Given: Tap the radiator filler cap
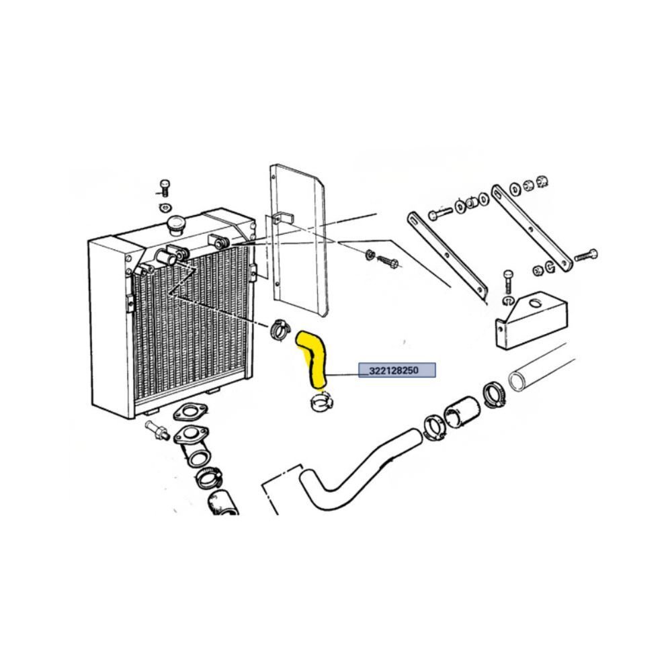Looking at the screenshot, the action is (175, 225).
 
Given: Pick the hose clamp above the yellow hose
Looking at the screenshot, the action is (280, 329).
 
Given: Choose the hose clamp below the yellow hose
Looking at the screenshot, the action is (321, 402).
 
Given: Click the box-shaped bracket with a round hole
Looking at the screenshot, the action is (532, 320).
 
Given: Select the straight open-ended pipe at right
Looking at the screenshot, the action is (542, 367).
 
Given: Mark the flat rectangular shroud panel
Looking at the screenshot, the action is (298, 240).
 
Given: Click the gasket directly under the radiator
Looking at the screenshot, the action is (190, 412).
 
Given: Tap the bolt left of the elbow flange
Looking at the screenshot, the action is (156, 429).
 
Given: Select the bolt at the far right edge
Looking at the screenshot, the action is (586, 255).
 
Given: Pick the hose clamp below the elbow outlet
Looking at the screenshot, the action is (209, 478).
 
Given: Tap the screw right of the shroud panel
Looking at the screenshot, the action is (388, 261).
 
